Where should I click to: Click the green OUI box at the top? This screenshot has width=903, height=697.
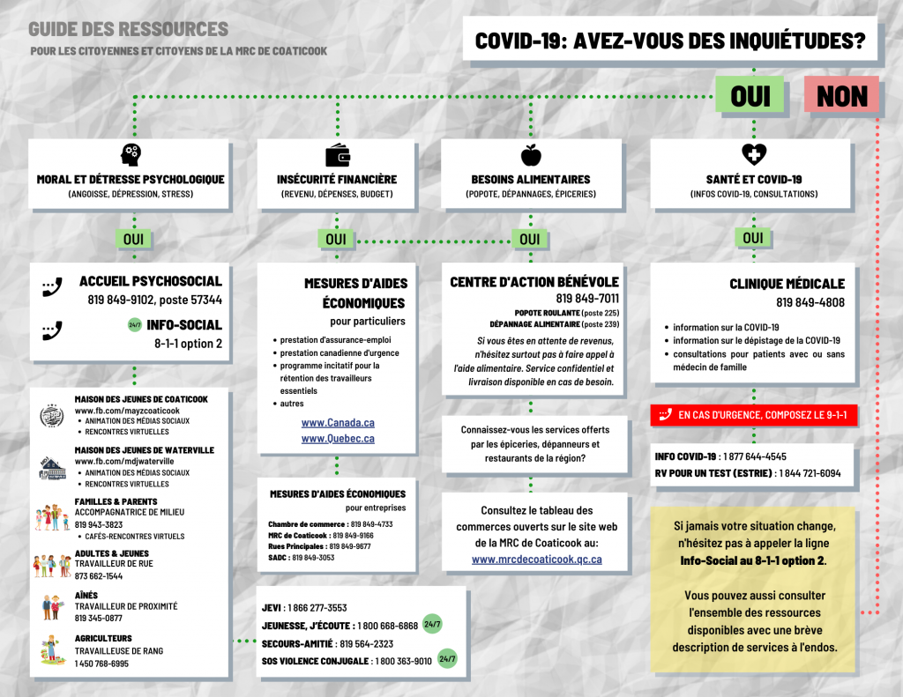coord(750,95)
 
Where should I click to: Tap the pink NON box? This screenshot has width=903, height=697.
coord(842,95)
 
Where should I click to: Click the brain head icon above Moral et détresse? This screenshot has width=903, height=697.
coord(131,154)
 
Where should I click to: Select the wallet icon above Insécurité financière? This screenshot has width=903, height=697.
coord(337,154)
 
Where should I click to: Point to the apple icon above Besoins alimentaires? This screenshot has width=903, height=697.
coord(530,155)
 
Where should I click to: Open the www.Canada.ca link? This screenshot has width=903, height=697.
coord(338,423)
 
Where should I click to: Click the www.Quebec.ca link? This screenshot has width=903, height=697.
coord(338,439)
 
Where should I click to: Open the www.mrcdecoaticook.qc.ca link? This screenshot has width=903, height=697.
coord(536,559)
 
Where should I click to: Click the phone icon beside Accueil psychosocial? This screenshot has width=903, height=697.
coord(52,287)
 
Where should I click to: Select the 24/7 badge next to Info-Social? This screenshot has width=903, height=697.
coord(135,324)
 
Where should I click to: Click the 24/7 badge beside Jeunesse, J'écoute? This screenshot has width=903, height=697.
coord(432,625)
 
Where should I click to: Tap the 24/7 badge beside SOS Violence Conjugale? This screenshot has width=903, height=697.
coord(447,658)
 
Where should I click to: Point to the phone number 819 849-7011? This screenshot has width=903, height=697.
coord(587,299)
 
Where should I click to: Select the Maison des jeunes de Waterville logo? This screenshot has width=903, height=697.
coord(53,467)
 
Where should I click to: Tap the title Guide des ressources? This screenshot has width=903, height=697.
coord(128,29)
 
